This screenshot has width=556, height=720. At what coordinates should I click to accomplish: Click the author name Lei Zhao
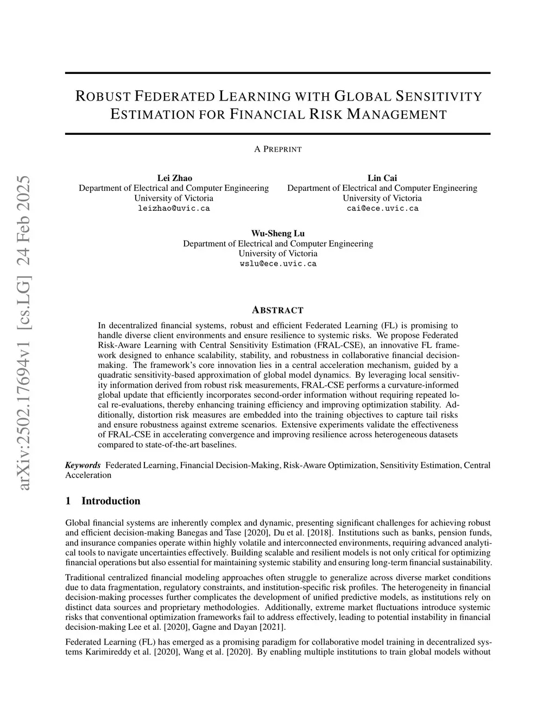(x=174, y=178)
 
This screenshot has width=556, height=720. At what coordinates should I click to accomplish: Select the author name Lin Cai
(x=382, y=178)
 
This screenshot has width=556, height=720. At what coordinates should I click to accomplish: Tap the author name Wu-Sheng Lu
(x=278, y=234)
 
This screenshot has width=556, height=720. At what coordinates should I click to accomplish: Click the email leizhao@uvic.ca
(x=174, y=208)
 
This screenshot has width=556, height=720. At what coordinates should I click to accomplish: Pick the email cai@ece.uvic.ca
(x=382, y=208)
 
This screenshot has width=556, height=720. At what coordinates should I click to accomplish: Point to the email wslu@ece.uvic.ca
(x=278, y=264)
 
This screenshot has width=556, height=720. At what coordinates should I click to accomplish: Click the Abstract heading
(x=278, y=310)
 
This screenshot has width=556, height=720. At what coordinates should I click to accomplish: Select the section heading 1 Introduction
(x=103, y=501)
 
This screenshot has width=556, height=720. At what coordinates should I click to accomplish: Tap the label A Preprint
(x=278, y=149)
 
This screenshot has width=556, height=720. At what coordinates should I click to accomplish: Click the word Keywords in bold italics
(x=83, y=465)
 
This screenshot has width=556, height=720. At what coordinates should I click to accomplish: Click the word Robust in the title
(x=102, y=97)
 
